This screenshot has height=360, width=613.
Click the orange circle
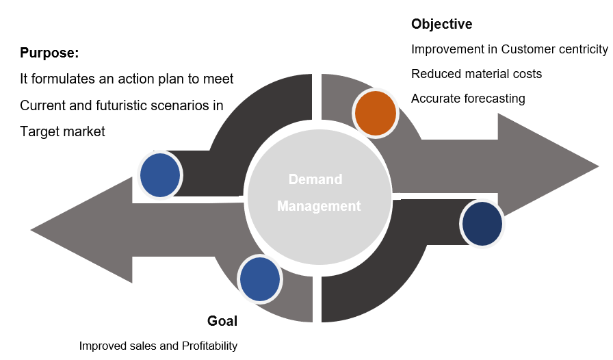coord(376,113)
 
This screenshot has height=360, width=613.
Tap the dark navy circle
coord(482,224)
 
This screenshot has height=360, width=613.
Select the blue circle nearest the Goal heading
coord(260,279)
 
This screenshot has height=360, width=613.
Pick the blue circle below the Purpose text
coord(160,175)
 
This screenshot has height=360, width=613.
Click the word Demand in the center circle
coord(315,179)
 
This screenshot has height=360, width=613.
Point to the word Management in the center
coord(319,205)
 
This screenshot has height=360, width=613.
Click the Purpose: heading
coord(50,53)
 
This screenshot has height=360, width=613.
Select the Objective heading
coord(441,25)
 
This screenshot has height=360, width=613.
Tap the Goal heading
coord(222,321)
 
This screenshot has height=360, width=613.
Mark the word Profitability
coord(209,346)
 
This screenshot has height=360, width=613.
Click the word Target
coord(40,131)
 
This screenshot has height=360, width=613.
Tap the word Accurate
coord(435,99)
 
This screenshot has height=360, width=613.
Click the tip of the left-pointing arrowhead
coord(31,229)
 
